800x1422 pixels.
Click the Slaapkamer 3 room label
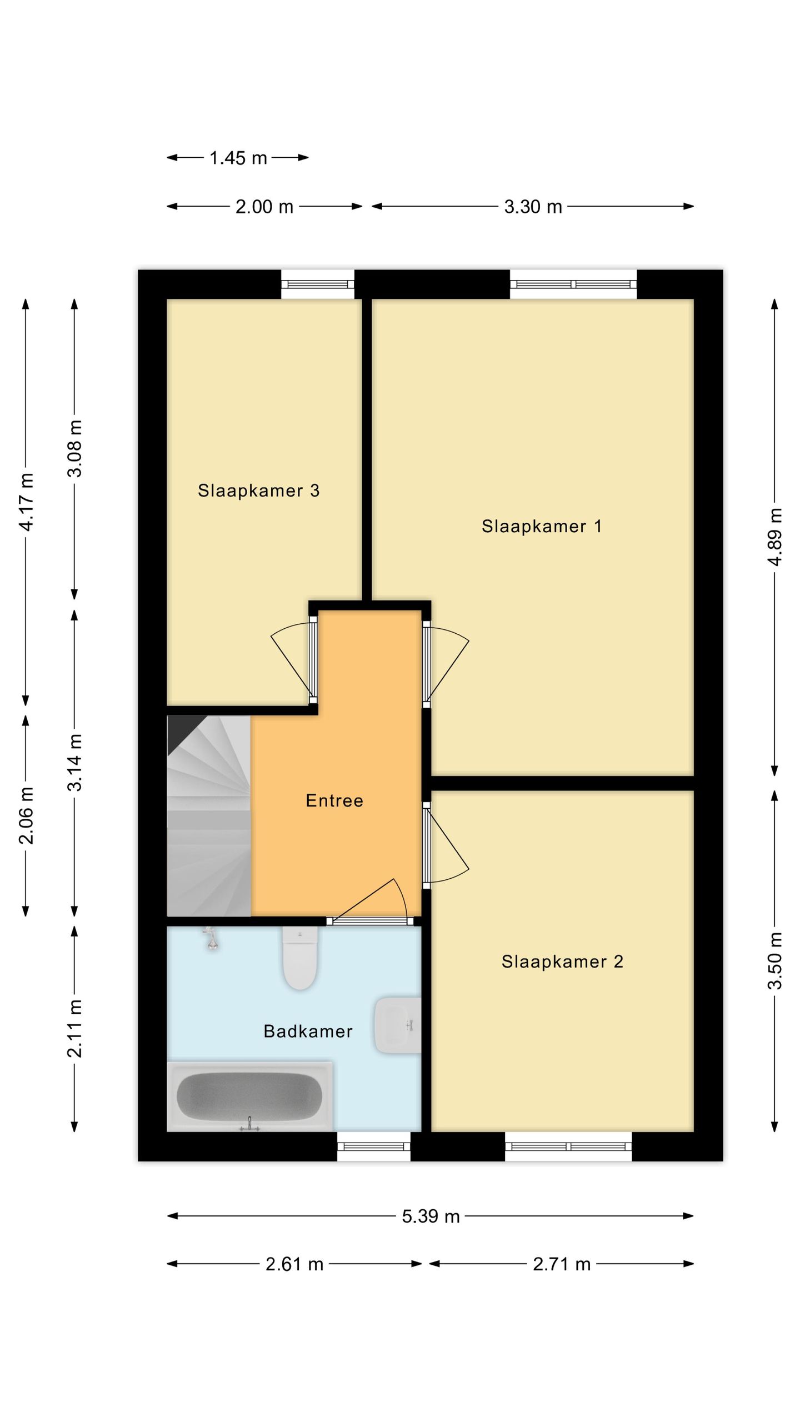click(x=258, y=490)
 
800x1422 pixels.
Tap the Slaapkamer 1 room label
click(x=542, y=526)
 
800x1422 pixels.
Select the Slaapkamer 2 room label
click(x=562, y=962)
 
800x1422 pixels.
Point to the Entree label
click(x=334, y=800)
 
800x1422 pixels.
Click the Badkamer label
click(x=308, y=1032)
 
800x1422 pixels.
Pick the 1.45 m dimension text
click(x=238, y=158)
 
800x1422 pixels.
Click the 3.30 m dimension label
click(x=533, y=207)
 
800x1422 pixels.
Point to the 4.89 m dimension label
click(x=775, y=537)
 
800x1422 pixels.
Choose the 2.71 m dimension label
click(x=561, y=1265)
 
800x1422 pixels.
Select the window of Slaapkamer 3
click(x=318, y=284)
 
